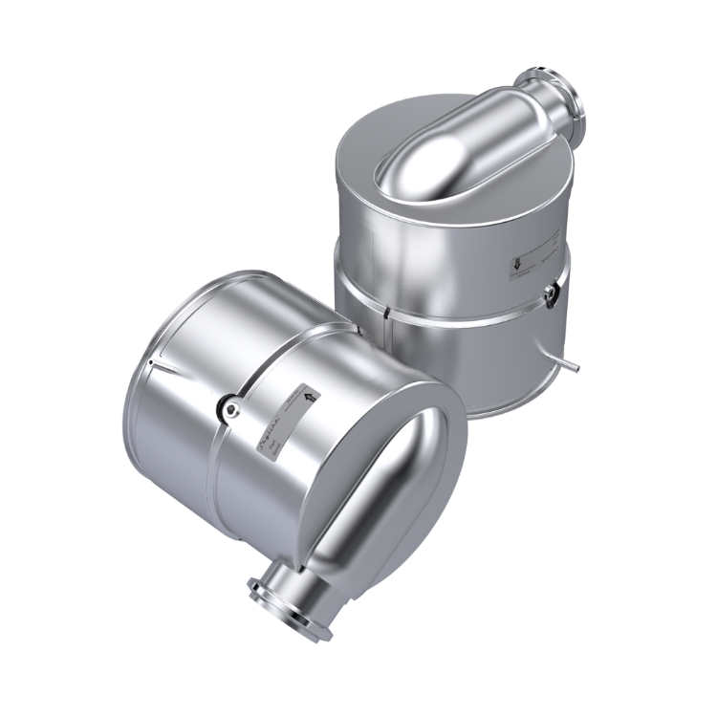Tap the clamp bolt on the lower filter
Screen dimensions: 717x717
click(x=229, y=408)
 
